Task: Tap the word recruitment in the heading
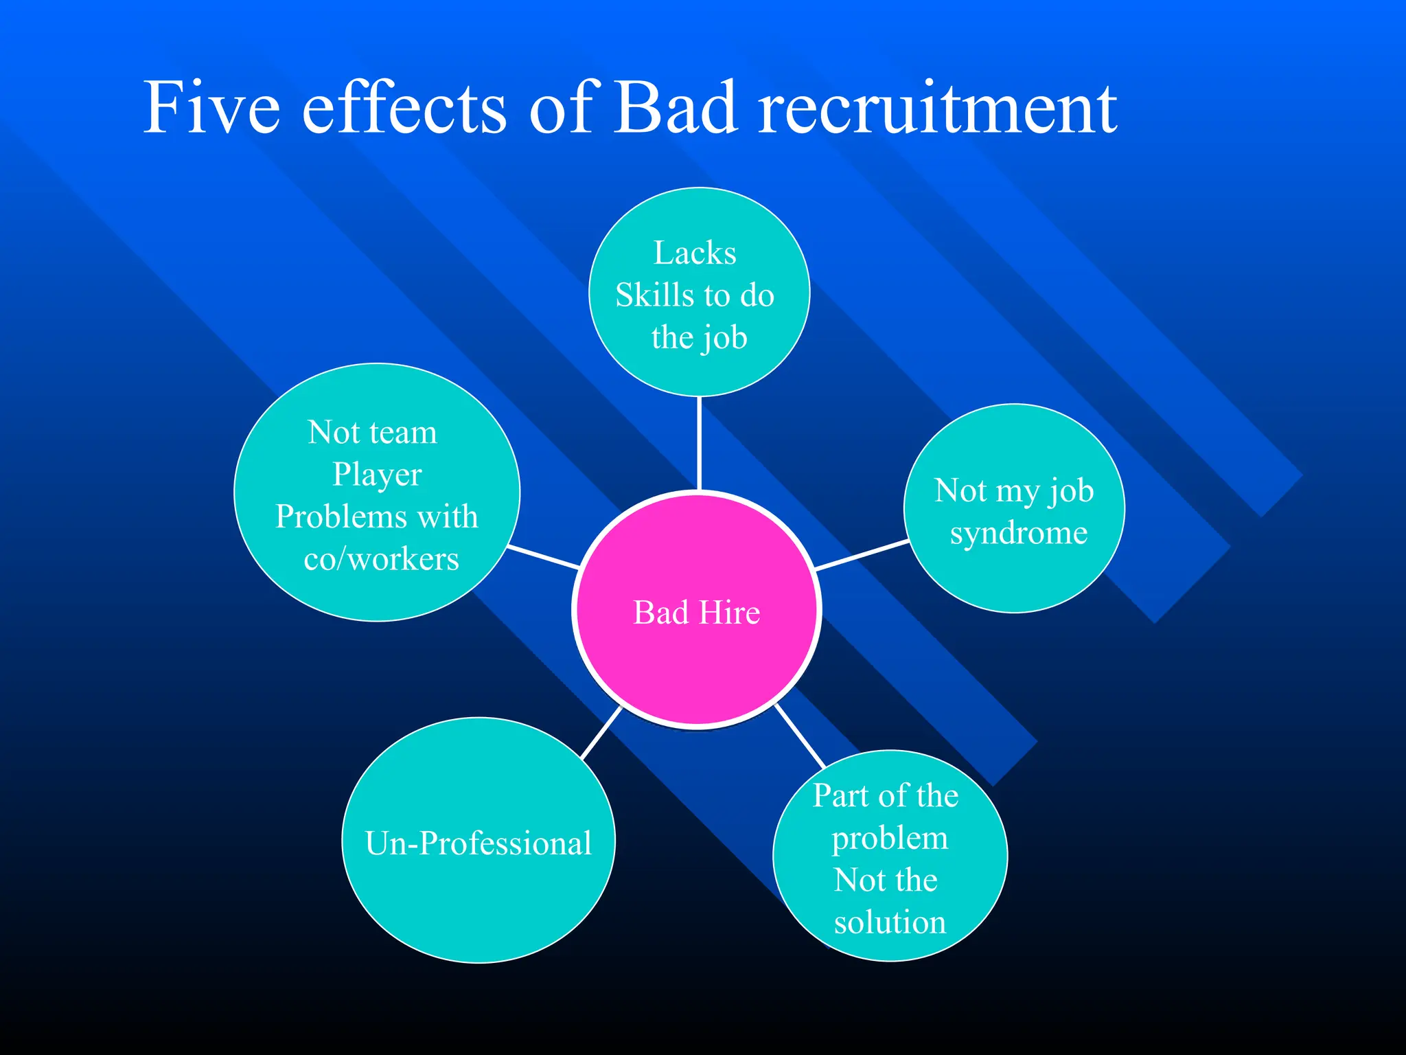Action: pyautogui.click(x=938, y=108)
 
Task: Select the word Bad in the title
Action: pyautogui.click(x=674, y=108)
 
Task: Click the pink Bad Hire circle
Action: pyautogui.click(x=696, y=659)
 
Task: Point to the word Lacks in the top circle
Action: pyautogui.click(x=695, y=253)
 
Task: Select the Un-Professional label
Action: pyautogui.click(x=479, y=843)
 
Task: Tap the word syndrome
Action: pyautogui.click(x=1018, y=533)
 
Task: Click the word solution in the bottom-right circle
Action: pyautogui.click(x=890, y=922)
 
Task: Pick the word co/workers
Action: pyautogui.click(x=381, y=559)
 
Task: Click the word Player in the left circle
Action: pyautogui.click(x=377, y=475)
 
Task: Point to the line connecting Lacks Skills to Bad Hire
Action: pyautogui.click(x=699, y=443)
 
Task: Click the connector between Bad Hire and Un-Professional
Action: pyautogui.click(x=601, y=733)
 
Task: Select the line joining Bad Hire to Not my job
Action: pyautogui.click(x=862, y=555)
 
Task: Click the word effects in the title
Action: pyautogui.click(x=404, y=108)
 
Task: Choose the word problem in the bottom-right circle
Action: pyautogui.click(x=890, y=838)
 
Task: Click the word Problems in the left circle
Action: pyautogui.click(x=332, y=517)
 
